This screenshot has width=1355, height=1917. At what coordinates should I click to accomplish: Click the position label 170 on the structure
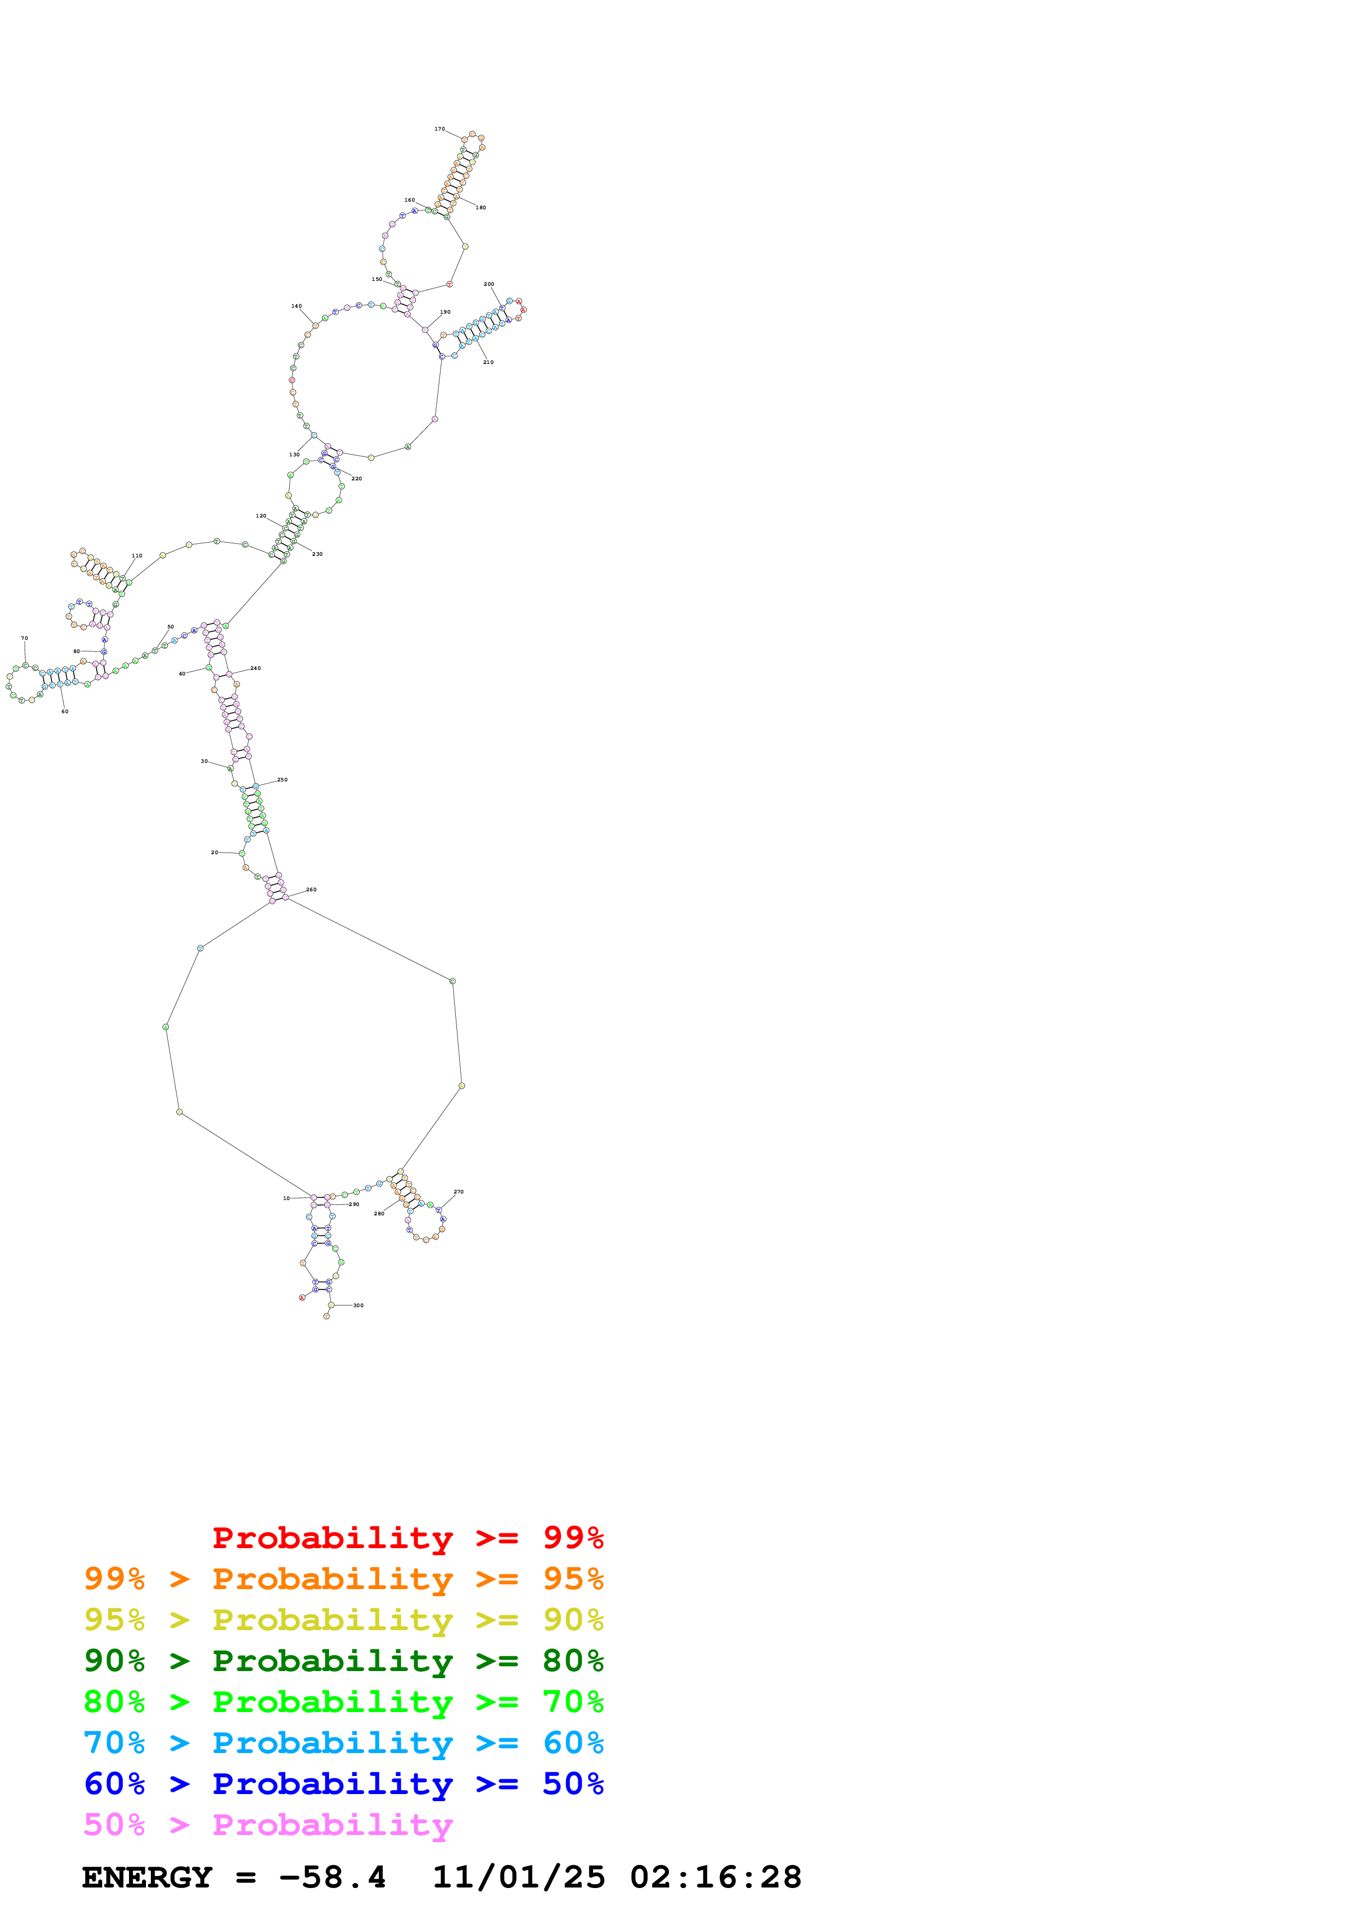tap(439, 130)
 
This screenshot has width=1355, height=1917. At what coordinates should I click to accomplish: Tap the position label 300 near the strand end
tap(358, 1305)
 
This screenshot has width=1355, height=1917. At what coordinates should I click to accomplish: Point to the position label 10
tap(286, 1198)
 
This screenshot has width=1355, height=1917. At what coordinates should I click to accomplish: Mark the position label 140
tap(296, 307)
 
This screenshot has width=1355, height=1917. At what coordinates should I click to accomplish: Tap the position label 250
tap(282, 780)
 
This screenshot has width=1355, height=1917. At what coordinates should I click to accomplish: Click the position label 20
tap(215, 852)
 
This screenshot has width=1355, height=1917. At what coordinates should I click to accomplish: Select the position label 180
tap(481, 208)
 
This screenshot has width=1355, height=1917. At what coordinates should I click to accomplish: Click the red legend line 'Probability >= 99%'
tap(407, 1537)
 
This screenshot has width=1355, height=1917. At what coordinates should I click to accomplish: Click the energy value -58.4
tap(332, 1877)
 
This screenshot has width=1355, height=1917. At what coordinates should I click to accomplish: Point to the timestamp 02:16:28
tap(715, 1877)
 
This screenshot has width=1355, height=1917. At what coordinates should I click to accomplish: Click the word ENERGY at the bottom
tap(147, 1877)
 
